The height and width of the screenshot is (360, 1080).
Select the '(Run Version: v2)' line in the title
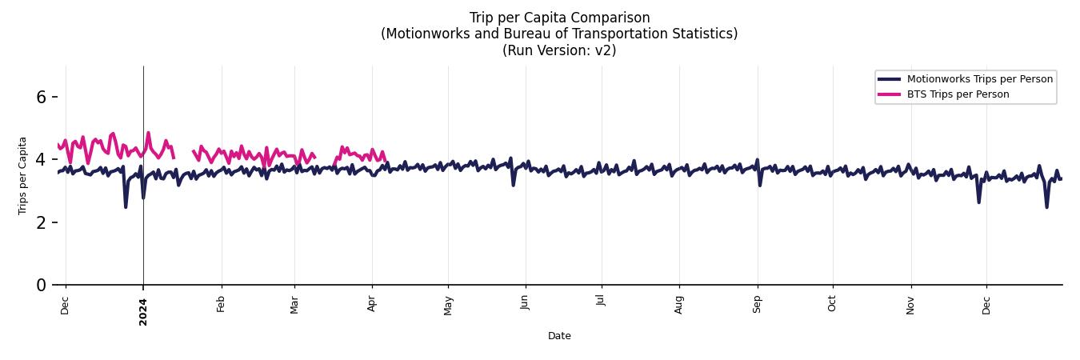(x=559, y=50)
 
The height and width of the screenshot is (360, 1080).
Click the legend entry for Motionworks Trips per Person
(x=979, y=78)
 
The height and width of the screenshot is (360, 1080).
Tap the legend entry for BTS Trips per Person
(x=958, y=94)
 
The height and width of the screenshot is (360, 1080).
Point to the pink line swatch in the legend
(x=890, y=94)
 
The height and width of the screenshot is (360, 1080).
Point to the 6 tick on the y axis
(x=44, y=97)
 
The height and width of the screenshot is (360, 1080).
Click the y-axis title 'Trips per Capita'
(x=23, y=175)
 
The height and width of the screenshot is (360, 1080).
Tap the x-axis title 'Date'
(x=559, y=336)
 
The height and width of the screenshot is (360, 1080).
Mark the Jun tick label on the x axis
(x=526, y=303)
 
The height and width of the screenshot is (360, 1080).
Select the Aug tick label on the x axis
(x=679, y=305)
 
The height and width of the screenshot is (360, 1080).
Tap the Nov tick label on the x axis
(x=910, y=305)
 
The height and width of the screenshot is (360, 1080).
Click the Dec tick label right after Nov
(x=986, y=305)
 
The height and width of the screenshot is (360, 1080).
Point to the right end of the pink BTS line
(x=385, y=159)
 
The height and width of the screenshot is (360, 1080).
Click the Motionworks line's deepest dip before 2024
(x=126, y=206)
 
